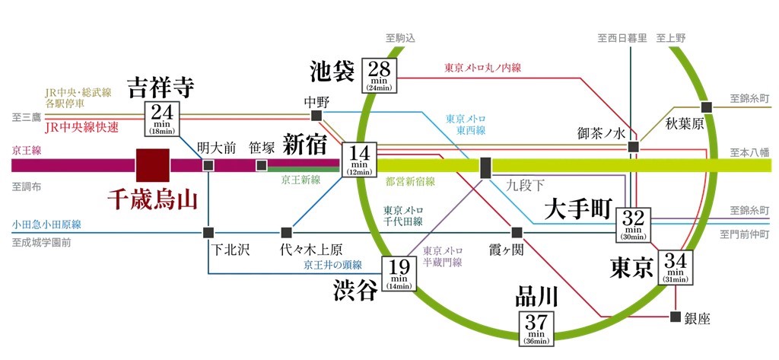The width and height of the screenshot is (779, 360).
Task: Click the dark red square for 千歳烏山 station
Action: [153, 164]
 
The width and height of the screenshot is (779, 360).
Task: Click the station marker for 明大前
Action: [208, 165]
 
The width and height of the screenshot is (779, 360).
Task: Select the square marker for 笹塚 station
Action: [262, 165]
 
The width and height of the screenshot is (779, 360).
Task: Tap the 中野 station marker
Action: [316, 116]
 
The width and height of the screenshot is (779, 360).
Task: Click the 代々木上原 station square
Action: [287, 232]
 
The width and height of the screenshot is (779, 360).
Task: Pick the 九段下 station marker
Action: [485, 165]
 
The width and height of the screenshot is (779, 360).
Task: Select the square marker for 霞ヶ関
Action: [517, 232]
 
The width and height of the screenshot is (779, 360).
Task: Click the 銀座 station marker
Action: [675, 317]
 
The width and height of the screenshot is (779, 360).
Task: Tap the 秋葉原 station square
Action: [707, 107]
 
